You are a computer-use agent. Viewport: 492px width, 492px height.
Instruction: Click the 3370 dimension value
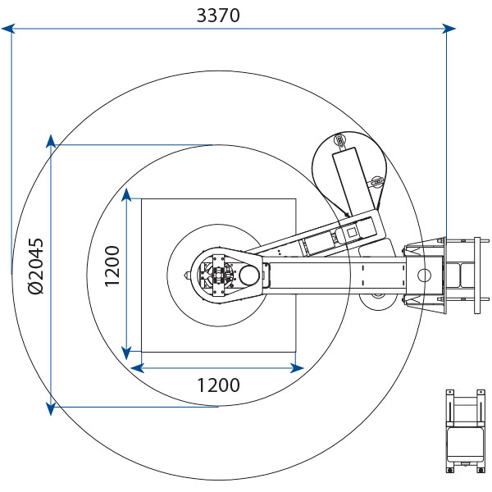point(218,15)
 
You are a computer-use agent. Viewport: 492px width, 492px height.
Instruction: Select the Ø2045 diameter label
point(36,266)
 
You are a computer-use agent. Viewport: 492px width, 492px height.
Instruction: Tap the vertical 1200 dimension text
point(112,266)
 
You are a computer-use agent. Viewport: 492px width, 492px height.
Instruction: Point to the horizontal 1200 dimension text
point(218,385)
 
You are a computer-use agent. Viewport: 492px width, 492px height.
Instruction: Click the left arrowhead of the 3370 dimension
point(8,29)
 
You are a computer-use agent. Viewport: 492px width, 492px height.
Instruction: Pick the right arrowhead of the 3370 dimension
point(449,29)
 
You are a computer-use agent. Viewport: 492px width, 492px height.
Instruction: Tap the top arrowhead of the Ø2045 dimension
point(51,142)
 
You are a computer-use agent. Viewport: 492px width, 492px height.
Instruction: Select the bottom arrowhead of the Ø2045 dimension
point(51,409)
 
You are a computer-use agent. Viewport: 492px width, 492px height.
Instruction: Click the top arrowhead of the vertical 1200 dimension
point(126,195)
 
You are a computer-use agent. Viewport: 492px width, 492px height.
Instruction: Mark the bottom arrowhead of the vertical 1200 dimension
point(126,353)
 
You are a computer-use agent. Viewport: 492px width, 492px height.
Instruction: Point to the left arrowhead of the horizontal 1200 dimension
point(137,368)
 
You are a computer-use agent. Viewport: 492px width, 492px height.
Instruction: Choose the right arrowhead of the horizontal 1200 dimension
point(297,368)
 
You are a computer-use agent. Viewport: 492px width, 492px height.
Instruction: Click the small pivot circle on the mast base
point(425,276)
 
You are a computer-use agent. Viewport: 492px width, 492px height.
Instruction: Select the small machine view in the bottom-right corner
point(465,430)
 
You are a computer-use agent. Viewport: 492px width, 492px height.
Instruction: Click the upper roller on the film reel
point(339,139)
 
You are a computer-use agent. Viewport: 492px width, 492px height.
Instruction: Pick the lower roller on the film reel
point(377,182)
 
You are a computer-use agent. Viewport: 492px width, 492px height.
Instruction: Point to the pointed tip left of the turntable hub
point(186,276)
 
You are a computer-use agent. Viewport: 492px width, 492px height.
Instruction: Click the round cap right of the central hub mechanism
point(249,276)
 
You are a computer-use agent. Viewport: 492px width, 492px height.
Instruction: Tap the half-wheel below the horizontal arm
point(378,302)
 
